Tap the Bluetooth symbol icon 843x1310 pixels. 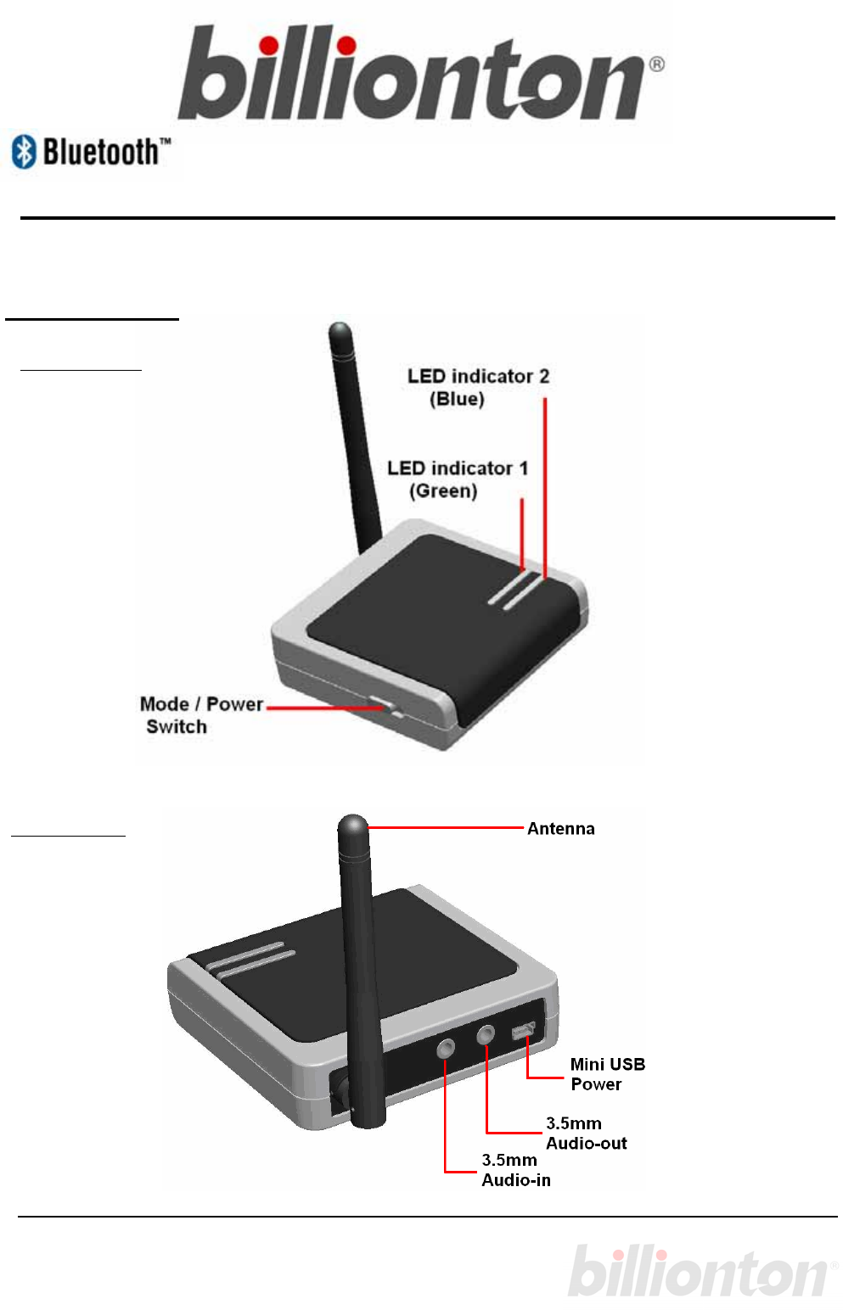point(24,152)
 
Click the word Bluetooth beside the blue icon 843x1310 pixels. point(102,153)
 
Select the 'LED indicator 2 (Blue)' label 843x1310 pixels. point(477,387)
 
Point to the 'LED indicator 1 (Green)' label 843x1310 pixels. point(457,479)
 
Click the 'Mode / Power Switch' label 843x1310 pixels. point(200,714)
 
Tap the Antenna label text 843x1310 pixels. point(560,829)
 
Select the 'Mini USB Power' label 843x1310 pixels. point(607,1074)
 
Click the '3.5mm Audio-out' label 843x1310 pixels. point(586,1134)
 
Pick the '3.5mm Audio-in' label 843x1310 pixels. point(516,1170)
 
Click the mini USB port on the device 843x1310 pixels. point(522,1031)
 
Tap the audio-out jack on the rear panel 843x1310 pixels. point(486,1035)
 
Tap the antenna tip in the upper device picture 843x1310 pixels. point(340,330)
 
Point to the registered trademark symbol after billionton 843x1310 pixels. point(656,64)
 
